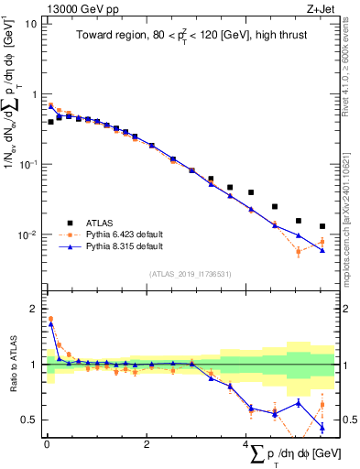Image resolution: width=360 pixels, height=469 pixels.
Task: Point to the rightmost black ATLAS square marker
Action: pyautogui.click(x=322, y=226)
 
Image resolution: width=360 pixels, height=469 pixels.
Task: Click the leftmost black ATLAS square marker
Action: pyautogui.click(x=50, y=121)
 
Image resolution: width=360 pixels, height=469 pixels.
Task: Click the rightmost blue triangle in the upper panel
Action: pyautogui.click(x=322, y=250)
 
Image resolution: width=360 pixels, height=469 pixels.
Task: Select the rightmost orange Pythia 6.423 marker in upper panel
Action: pyautogui.click(x=322, y=242)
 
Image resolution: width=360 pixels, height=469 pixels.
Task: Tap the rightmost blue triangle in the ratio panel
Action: pyautogui.click(x=322, y=427)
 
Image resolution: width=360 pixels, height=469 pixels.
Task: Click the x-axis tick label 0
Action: pyautogui.click(x=47, y=444)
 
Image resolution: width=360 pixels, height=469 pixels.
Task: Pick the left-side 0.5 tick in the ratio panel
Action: pyautogui.click(x=29, y=420)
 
